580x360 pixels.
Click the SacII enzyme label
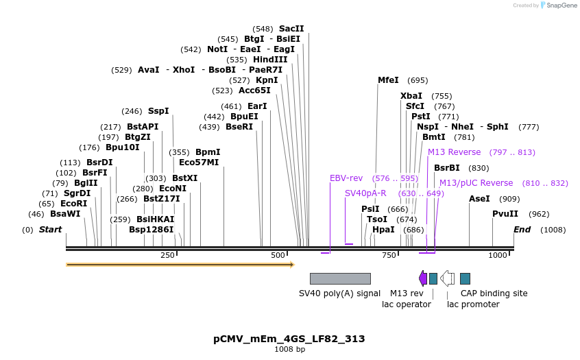[291, 29]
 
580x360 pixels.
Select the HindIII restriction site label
[270, 60]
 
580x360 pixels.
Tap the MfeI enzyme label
[388, 80]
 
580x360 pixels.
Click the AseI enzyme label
[479, 199]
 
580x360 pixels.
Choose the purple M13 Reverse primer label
[454, 152]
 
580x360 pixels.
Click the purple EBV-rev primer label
[346, 178]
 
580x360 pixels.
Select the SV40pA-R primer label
[365, 193]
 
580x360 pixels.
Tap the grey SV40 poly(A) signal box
[340, 278]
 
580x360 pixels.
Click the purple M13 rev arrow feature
[423, 278]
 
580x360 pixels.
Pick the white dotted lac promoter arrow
[447, 278]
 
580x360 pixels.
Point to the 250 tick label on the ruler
[167, 255]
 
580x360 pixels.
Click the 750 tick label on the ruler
[389, 255]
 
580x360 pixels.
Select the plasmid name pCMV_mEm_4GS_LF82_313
[289, 339]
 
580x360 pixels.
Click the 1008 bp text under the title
[289, 350]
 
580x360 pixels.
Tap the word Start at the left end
[50, 230]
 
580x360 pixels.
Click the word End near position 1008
[522, 230]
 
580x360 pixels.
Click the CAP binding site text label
[494, 293]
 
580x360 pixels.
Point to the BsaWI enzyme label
[65, 214]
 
